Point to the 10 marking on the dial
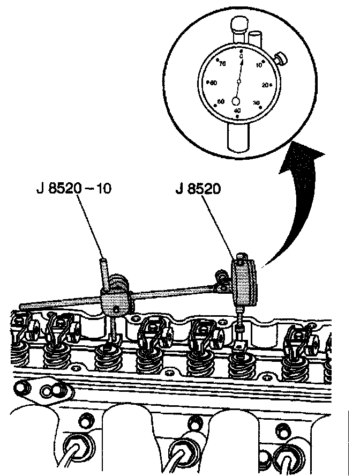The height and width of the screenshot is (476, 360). [x=259, y=65]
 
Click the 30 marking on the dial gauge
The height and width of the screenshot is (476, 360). [x=256, y=102]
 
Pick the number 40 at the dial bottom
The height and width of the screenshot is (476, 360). [x=237, y=110]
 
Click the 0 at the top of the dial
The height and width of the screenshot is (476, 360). [x=242, y=56]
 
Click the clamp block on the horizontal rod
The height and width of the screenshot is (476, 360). [x=115, y=303]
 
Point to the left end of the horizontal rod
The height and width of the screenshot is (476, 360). [x=21, y=306]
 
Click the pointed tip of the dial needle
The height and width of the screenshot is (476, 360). [x=242, y=61]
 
